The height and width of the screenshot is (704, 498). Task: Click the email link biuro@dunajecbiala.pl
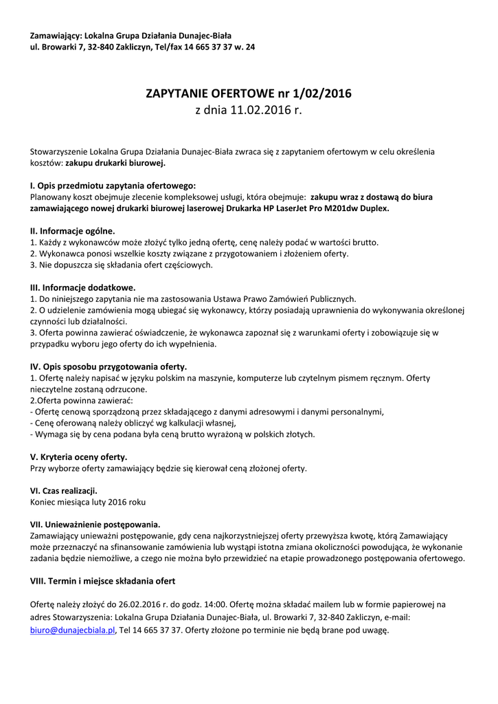(73, 630)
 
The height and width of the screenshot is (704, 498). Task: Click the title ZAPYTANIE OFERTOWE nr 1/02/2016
(249, 93)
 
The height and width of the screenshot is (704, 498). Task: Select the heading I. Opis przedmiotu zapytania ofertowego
(113, 186)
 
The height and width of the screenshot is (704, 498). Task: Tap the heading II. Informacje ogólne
(72, 231)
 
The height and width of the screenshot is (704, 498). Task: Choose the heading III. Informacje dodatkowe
(82, 287)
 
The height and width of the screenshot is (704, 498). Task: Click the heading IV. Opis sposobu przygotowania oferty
(109, 366)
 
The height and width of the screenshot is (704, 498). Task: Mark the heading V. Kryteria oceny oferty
(78, 456)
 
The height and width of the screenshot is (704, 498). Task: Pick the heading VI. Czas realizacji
(63, 490)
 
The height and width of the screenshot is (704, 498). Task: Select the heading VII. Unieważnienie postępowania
(95, 524)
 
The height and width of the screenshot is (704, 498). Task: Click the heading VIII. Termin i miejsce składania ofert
(102, 581)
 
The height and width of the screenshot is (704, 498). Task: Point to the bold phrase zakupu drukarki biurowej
(115, 164)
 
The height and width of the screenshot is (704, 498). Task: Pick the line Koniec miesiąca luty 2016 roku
(88, 502)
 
